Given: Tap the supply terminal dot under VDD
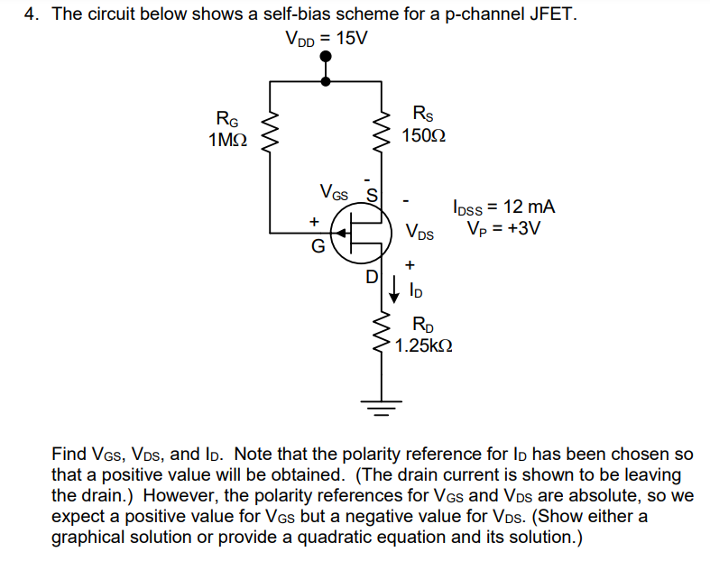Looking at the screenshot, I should pos(326,58).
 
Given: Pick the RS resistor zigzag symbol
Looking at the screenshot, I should pos(383,132).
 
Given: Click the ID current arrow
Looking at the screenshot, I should pos(394,290).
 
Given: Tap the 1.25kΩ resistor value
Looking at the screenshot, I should pos(423,345).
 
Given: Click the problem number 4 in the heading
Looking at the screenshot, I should pos(29,14).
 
